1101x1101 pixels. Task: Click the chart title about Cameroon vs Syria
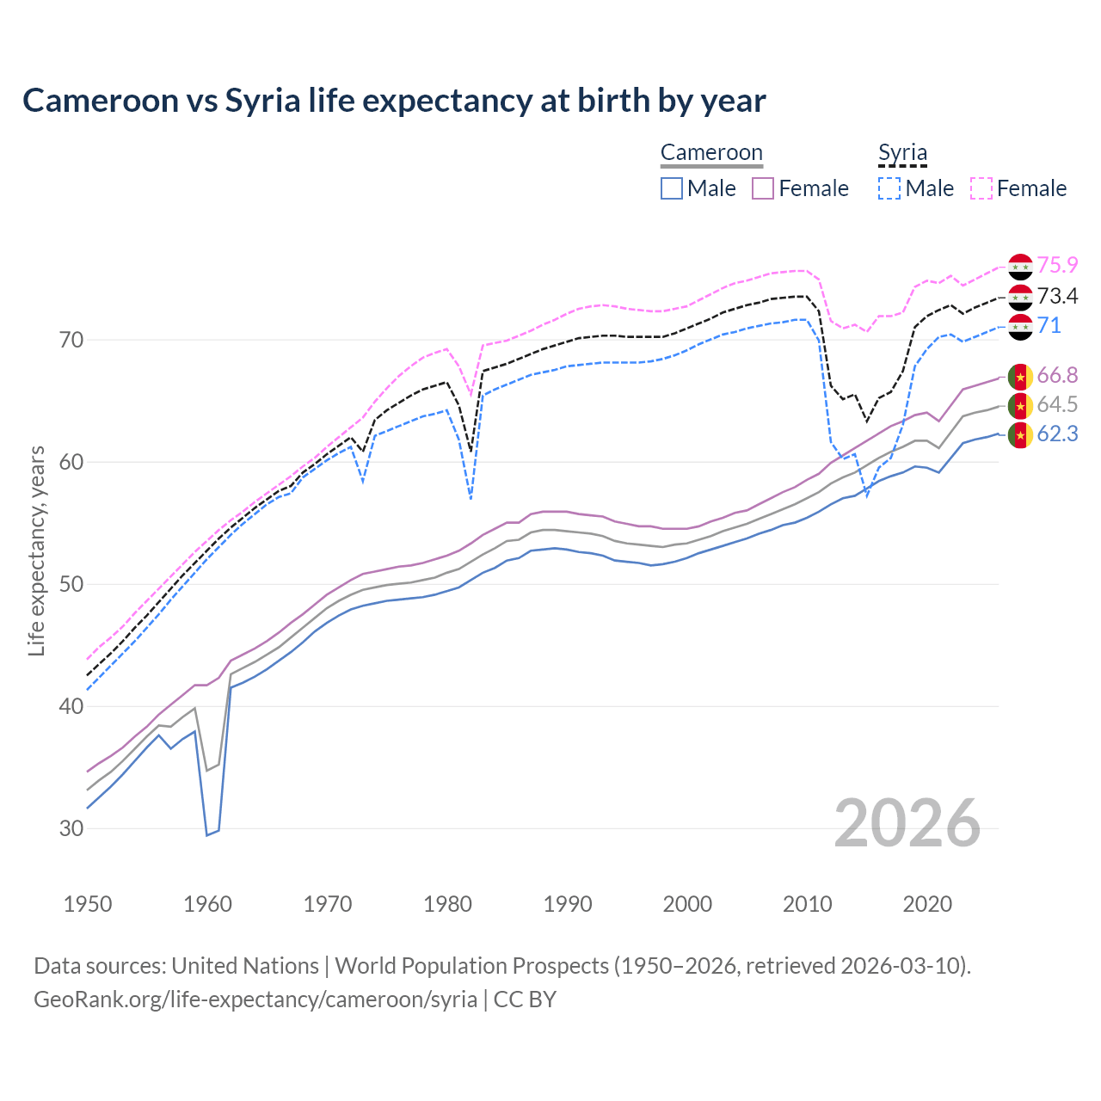point(394,101)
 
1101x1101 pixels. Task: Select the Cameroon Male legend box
point(672,188)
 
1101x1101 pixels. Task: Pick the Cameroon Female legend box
point(763,188)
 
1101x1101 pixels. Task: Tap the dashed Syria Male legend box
point(889,188)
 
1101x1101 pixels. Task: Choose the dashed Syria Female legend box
point(981,188)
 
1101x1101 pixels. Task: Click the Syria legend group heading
point(902,153)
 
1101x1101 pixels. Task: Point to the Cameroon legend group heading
point(711,153)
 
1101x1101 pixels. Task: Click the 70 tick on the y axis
point(71,340)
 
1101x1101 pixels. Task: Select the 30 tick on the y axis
point(71,828)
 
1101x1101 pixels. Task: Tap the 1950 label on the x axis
point(88,904)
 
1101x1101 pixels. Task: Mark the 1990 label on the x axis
point(568,904)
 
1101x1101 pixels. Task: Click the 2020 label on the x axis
point(927,904)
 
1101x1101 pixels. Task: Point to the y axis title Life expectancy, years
point(36,550)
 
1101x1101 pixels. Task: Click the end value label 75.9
point(1057,266)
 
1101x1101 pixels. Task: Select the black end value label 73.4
point(1057,297)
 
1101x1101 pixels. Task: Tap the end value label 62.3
point(1057,434)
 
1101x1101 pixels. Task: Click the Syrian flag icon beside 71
point(1020,327)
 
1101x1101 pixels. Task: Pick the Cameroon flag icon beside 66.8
point(1020,377)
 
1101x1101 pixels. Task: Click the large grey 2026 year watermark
point(907,823)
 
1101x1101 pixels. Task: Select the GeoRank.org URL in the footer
point(255,1000)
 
